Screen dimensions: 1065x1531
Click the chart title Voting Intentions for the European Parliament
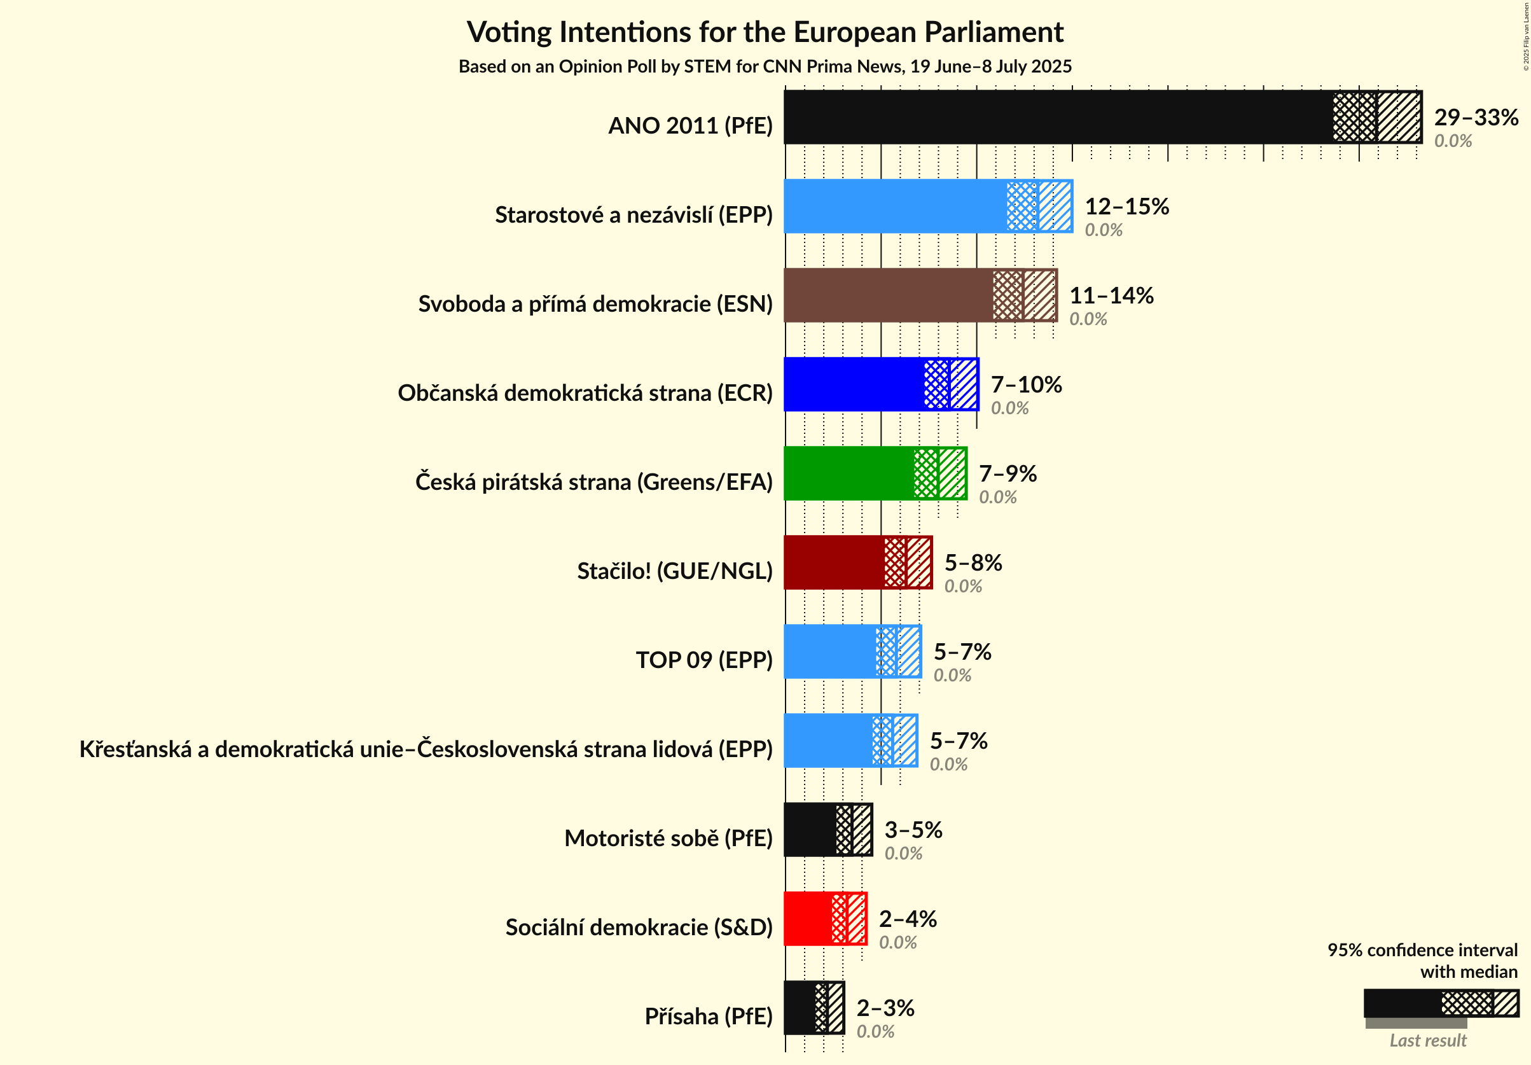coord(765,32)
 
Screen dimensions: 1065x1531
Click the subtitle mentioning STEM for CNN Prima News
coord(765,67)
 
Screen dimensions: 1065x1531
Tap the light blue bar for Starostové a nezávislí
coord(894,206)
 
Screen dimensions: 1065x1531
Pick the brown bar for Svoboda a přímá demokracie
coord(887,295)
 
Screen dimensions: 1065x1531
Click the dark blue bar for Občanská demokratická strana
coord(854,384)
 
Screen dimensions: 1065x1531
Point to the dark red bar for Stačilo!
coord(833,562)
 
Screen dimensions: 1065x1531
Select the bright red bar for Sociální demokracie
coord(807,918)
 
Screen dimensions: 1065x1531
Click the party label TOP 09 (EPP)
coord(704,660)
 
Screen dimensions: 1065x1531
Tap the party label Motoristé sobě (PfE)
coord(668,838)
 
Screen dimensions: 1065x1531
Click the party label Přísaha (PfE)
coord(708,1015)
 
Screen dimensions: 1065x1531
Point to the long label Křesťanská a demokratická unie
coord(426,749)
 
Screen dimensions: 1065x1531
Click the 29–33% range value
coord(1476,117)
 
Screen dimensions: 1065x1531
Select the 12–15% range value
coord(1126,206)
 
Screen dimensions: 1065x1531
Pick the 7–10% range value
coord(1025,384)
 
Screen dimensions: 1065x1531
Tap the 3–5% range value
coord(913,830)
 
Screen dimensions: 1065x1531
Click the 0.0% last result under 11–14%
coord(1088,319)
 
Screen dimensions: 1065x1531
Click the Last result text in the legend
coord(1428,1040)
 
